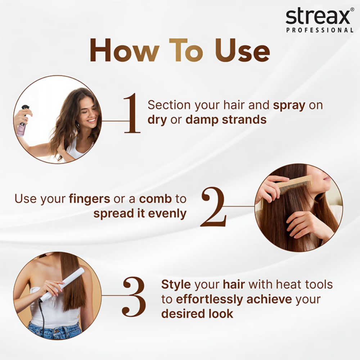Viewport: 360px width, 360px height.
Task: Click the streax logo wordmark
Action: (318, 17)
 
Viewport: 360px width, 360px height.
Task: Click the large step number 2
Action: (213, 207)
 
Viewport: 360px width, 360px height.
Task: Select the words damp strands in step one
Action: (226, 120)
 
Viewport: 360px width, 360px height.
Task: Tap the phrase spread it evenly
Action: (140, 213)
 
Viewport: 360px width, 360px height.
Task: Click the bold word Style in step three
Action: (176, 284)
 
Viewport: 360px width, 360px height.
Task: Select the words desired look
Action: (197, 313)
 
